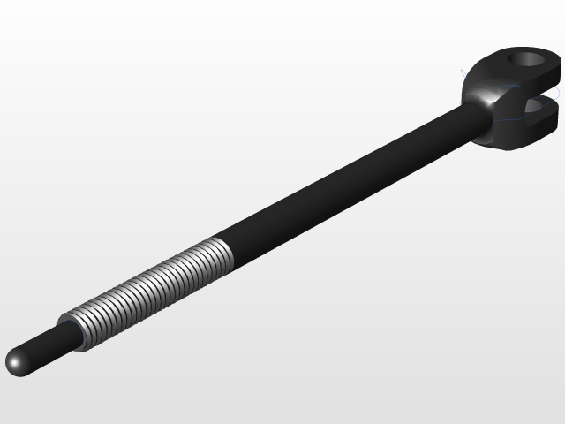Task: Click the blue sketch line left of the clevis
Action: [462, 74]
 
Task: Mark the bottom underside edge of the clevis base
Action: [508, 143]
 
